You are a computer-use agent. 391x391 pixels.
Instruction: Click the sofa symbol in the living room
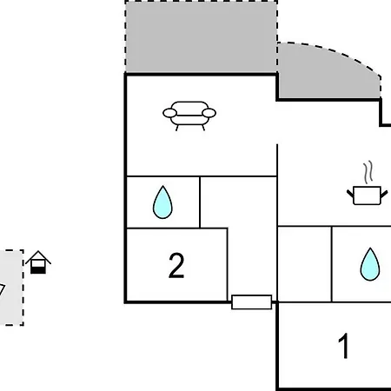click(x=189, y=116)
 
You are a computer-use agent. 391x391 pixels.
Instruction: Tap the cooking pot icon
click(x=367, y=195)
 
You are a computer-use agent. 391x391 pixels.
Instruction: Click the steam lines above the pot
click(x=368, y=172)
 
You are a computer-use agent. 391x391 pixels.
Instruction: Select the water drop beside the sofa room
click(x=162, y=202)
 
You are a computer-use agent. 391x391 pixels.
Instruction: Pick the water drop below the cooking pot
click(x=370, y=264)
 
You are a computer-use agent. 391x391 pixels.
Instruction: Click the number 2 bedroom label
click(x=176, y=265)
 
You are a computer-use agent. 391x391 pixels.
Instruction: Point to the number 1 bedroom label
click(x=343, y=346)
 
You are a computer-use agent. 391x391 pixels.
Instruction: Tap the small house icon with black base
click(x=38, y=262)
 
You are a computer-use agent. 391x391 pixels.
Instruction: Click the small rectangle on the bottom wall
click(x=252, y=302)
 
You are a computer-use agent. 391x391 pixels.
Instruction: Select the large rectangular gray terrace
click(x=202, y=37)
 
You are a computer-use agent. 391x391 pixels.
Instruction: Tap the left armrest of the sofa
click(x=169, y=113)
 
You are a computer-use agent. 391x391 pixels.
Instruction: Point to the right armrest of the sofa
click(x=209, y=113)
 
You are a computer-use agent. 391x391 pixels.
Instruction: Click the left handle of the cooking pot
click(x=350, y=194)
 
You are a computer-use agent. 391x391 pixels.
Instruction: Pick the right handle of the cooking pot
click(x=384, y=194)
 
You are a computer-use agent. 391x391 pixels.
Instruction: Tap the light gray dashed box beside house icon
click(x=11, y=288)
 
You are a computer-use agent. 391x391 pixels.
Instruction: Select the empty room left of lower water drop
click(x=304, y=264)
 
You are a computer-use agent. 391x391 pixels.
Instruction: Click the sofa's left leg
click(x=177, y=128)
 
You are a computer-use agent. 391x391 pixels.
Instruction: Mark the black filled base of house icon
click(x=38, y=270)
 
